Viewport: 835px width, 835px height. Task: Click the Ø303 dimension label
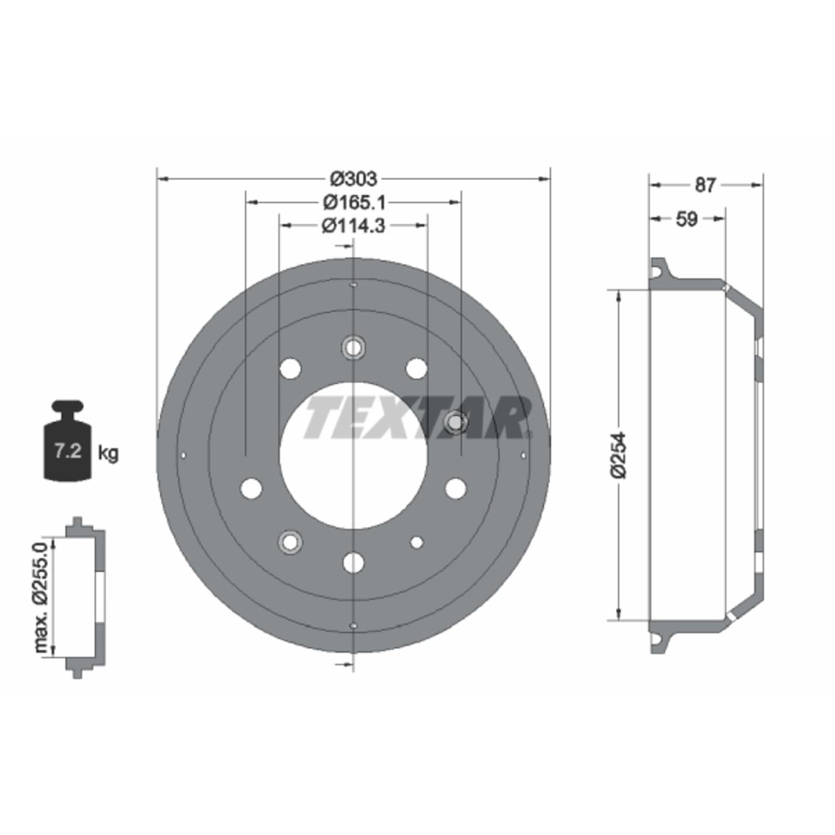tap(353, 179)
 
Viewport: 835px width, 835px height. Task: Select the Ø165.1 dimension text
tap(354, 202)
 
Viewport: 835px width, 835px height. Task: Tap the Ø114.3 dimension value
tap(353, 225)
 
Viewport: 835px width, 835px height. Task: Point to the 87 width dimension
tap(705, 185)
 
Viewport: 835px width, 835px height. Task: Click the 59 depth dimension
tap(687, 219)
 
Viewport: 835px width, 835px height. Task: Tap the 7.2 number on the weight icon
tap(67, 452)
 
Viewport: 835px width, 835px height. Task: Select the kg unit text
tap(108, 454)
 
